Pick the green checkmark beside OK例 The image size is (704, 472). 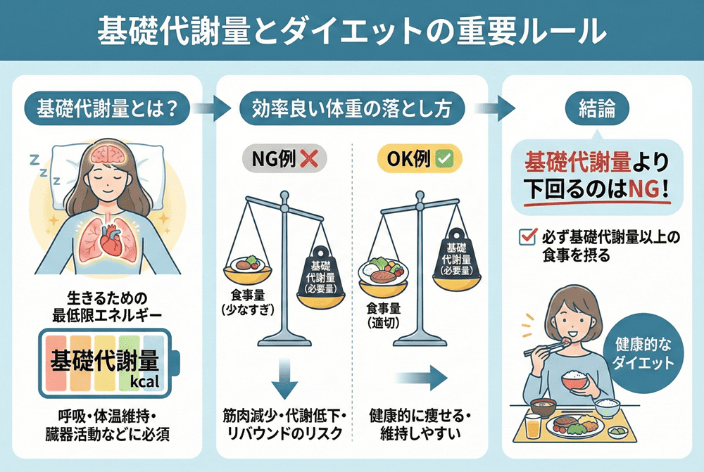coord(445,160)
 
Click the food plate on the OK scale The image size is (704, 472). coord(384,269)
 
